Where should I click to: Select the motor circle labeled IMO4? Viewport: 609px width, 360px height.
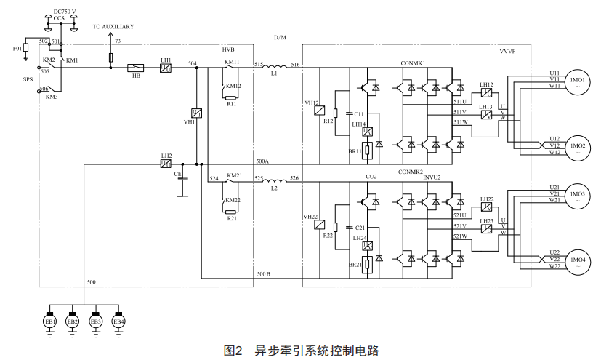point(578,260)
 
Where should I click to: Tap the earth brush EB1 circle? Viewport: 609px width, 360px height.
point(49,321)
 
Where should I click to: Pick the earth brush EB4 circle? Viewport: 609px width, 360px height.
point(118,321)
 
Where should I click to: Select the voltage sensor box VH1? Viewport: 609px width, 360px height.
point(196,113)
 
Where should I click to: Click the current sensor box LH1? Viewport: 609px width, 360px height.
point(166,68)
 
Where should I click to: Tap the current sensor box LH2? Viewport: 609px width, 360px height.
point(166,164)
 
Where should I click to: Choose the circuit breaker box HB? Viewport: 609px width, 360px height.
point(136,68)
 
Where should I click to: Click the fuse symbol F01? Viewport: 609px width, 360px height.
point(26,49)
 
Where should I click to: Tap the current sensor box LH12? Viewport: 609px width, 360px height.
point(486,93)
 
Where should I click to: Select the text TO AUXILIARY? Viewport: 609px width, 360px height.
point(113,26)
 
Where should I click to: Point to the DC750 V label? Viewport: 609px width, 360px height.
point(65,12)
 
